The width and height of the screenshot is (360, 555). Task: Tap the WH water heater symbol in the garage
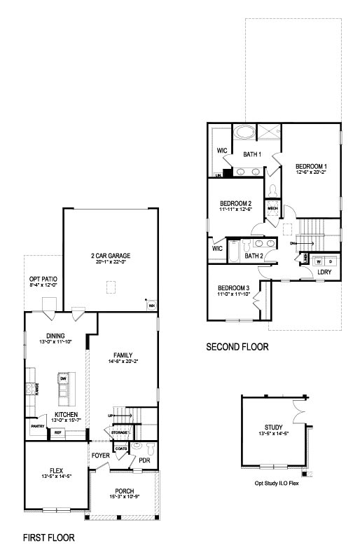[x=151, y=306]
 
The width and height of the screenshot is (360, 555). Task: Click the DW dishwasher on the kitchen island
[x=63, y=379]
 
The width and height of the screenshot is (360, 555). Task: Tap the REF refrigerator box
[x=59, y=433]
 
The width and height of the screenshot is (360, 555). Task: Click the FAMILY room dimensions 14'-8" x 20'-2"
[x=123, y=362]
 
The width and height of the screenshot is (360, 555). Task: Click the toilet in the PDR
[x=137, y=446]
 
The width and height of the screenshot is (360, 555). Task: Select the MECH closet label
[x=272, y=208]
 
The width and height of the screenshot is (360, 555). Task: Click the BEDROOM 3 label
[x=233, y=288]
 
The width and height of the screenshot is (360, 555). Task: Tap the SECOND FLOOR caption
[x=237, y=347]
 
